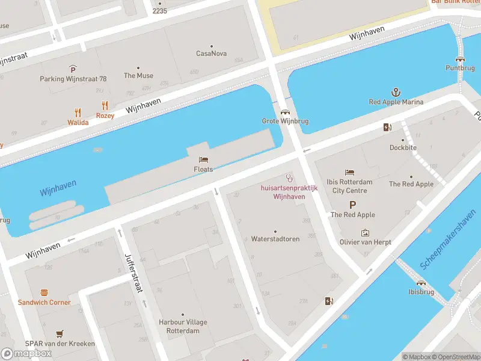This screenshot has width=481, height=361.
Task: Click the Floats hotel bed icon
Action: coord(203,159)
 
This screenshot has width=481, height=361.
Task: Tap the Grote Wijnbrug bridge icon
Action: coord(285,111)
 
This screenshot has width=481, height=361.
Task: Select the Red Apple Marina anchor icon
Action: coord(396,92)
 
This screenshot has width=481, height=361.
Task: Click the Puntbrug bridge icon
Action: coord(460,58)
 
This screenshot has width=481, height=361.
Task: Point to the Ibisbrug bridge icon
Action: coord(421,282)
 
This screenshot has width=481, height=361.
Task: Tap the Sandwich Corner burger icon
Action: coord(44,292)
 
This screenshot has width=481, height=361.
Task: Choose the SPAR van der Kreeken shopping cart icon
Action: coord(60,333)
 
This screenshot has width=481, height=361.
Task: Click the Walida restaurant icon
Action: coord(78,113)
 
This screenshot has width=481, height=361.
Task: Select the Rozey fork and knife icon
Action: coord(105,105)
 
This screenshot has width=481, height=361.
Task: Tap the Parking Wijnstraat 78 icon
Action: coord(73,69)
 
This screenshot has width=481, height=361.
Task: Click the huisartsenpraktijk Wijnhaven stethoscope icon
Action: coord(289,178)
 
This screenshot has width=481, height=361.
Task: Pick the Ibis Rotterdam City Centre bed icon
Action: coord(349,173)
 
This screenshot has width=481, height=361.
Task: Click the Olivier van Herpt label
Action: coord(365,242)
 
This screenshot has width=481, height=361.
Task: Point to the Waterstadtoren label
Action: coord(275,239)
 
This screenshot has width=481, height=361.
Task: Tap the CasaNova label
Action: coord(212,54)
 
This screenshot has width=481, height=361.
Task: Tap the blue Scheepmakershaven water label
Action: coord(450,244)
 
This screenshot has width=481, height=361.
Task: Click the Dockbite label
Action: coord(403,147)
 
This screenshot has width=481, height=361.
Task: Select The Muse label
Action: coord(138,76)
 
